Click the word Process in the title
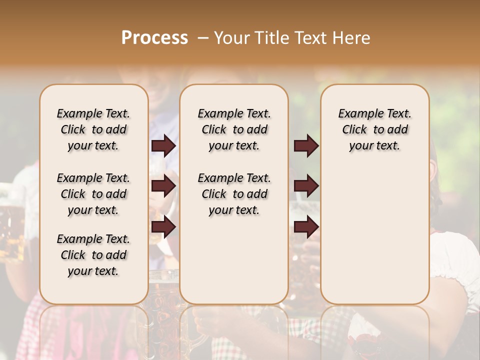click(x=154, y=38)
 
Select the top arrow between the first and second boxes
click(x=163, y=146)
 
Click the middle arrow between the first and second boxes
click(x=163, y=186)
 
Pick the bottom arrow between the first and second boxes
click(x=163, y=227)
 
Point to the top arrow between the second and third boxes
click(x=306, y=146)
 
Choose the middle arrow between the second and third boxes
click(x=306, y=186)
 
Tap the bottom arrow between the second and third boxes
click(x=306, y=227)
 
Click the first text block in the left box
click(x=93, y=129)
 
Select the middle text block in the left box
click(x=93, y=194)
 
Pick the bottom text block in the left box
click(x=93, y=255)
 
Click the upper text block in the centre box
click(x=234, y=129)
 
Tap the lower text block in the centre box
click(x=234, y=194)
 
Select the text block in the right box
click(x=375, y=129)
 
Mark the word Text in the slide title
click(x=313, y=38)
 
